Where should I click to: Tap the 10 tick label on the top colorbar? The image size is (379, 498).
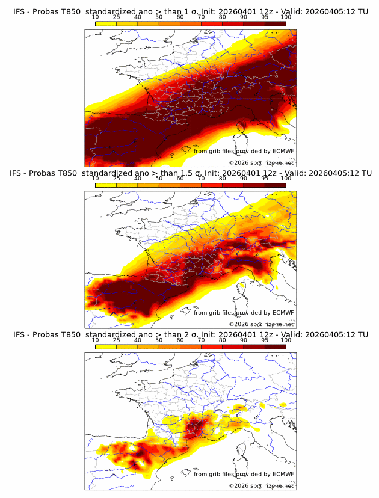tap(96, 17)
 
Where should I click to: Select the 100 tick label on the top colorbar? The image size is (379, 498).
tap(286, 17)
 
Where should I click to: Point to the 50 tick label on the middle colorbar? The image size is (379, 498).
tap(159, 179)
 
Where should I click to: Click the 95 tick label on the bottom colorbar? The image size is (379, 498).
tap(265, 340)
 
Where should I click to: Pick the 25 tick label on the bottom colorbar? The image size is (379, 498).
tap(117, 340)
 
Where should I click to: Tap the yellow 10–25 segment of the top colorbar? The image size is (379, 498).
tap(106, 24)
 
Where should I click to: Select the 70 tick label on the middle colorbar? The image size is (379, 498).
tap(201, 179)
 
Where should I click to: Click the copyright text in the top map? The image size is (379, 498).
tap(261, 162)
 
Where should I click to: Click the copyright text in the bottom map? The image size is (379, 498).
tap(261, 485)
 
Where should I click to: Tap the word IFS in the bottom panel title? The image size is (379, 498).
tap(20, 334)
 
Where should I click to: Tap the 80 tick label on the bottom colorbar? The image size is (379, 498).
tap(223, 340)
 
